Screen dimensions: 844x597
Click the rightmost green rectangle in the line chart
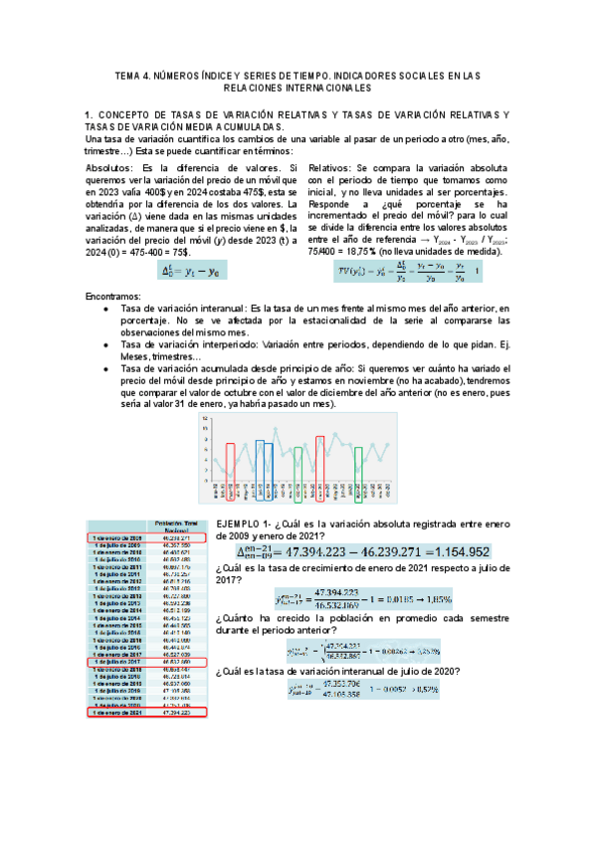click(359, 462)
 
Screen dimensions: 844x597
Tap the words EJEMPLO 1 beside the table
click(240, 525)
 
